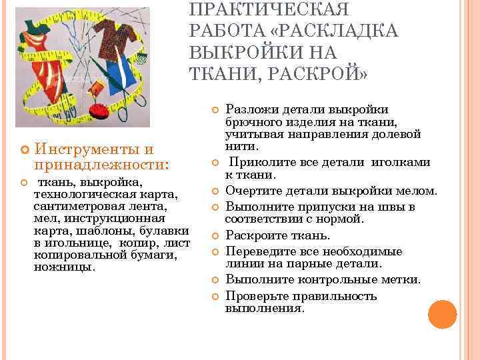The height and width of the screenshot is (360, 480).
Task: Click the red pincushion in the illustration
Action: (x=101, y=111)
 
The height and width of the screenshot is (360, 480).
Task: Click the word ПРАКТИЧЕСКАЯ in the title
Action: (x=270, y=11)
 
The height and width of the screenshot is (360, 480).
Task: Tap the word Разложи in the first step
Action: (x=251, y=109)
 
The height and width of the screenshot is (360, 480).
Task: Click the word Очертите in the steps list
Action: (x=251, y=191)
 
